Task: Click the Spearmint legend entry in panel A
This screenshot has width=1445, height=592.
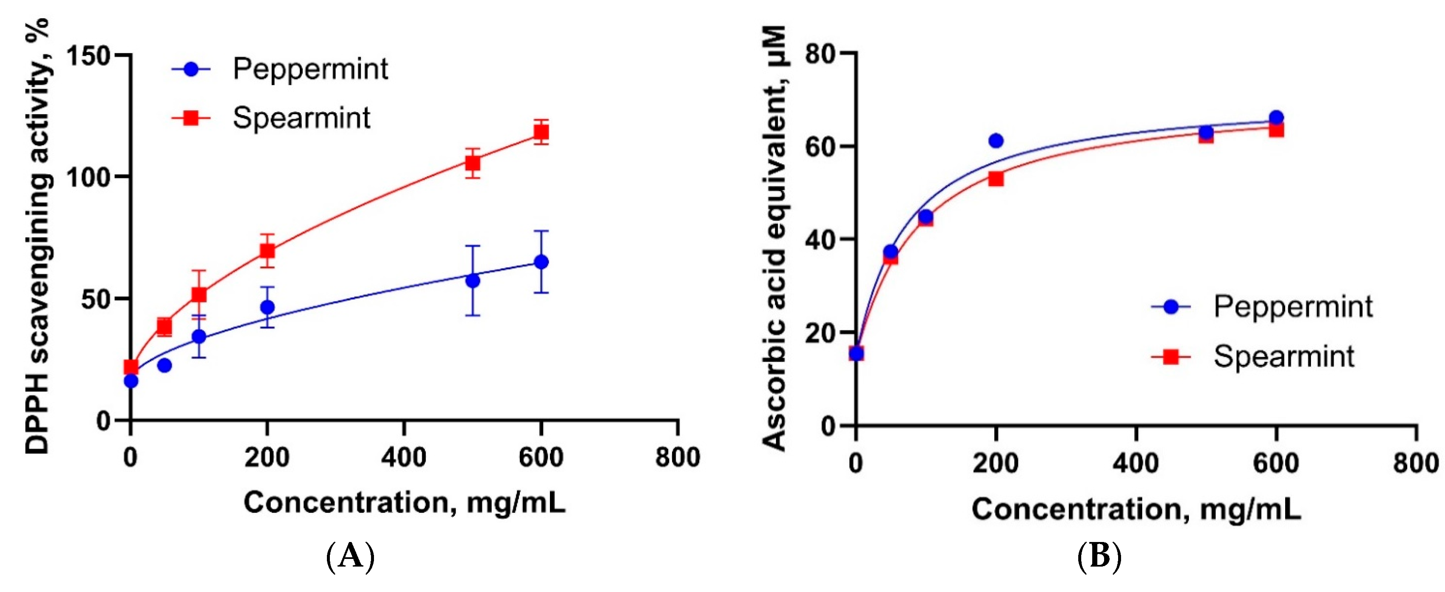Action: (301, 118)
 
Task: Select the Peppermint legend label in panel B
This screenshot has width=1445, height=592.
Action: (1292, 307)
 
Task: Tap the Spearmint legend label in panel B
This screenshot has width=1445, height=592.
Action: (1283, 356)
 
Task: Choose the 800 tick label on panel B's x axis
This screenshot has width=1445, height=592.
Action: (1415, 463)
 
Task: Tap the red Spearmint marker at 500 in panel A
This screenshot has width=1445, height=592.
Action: (472, 163)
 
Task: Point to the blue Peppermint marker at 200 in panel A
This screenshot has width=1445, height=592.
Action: (268, 307)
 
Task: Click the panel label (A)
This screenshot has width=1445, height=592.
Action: (350, 557)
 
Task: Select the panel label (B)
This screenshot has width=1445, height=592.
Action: (1099, 557)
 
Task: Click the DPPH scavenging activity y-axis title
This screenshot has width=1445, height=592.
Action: (38, 236)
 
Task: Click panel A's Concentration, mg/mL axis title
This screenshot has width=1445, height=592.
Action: (404, 502)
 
